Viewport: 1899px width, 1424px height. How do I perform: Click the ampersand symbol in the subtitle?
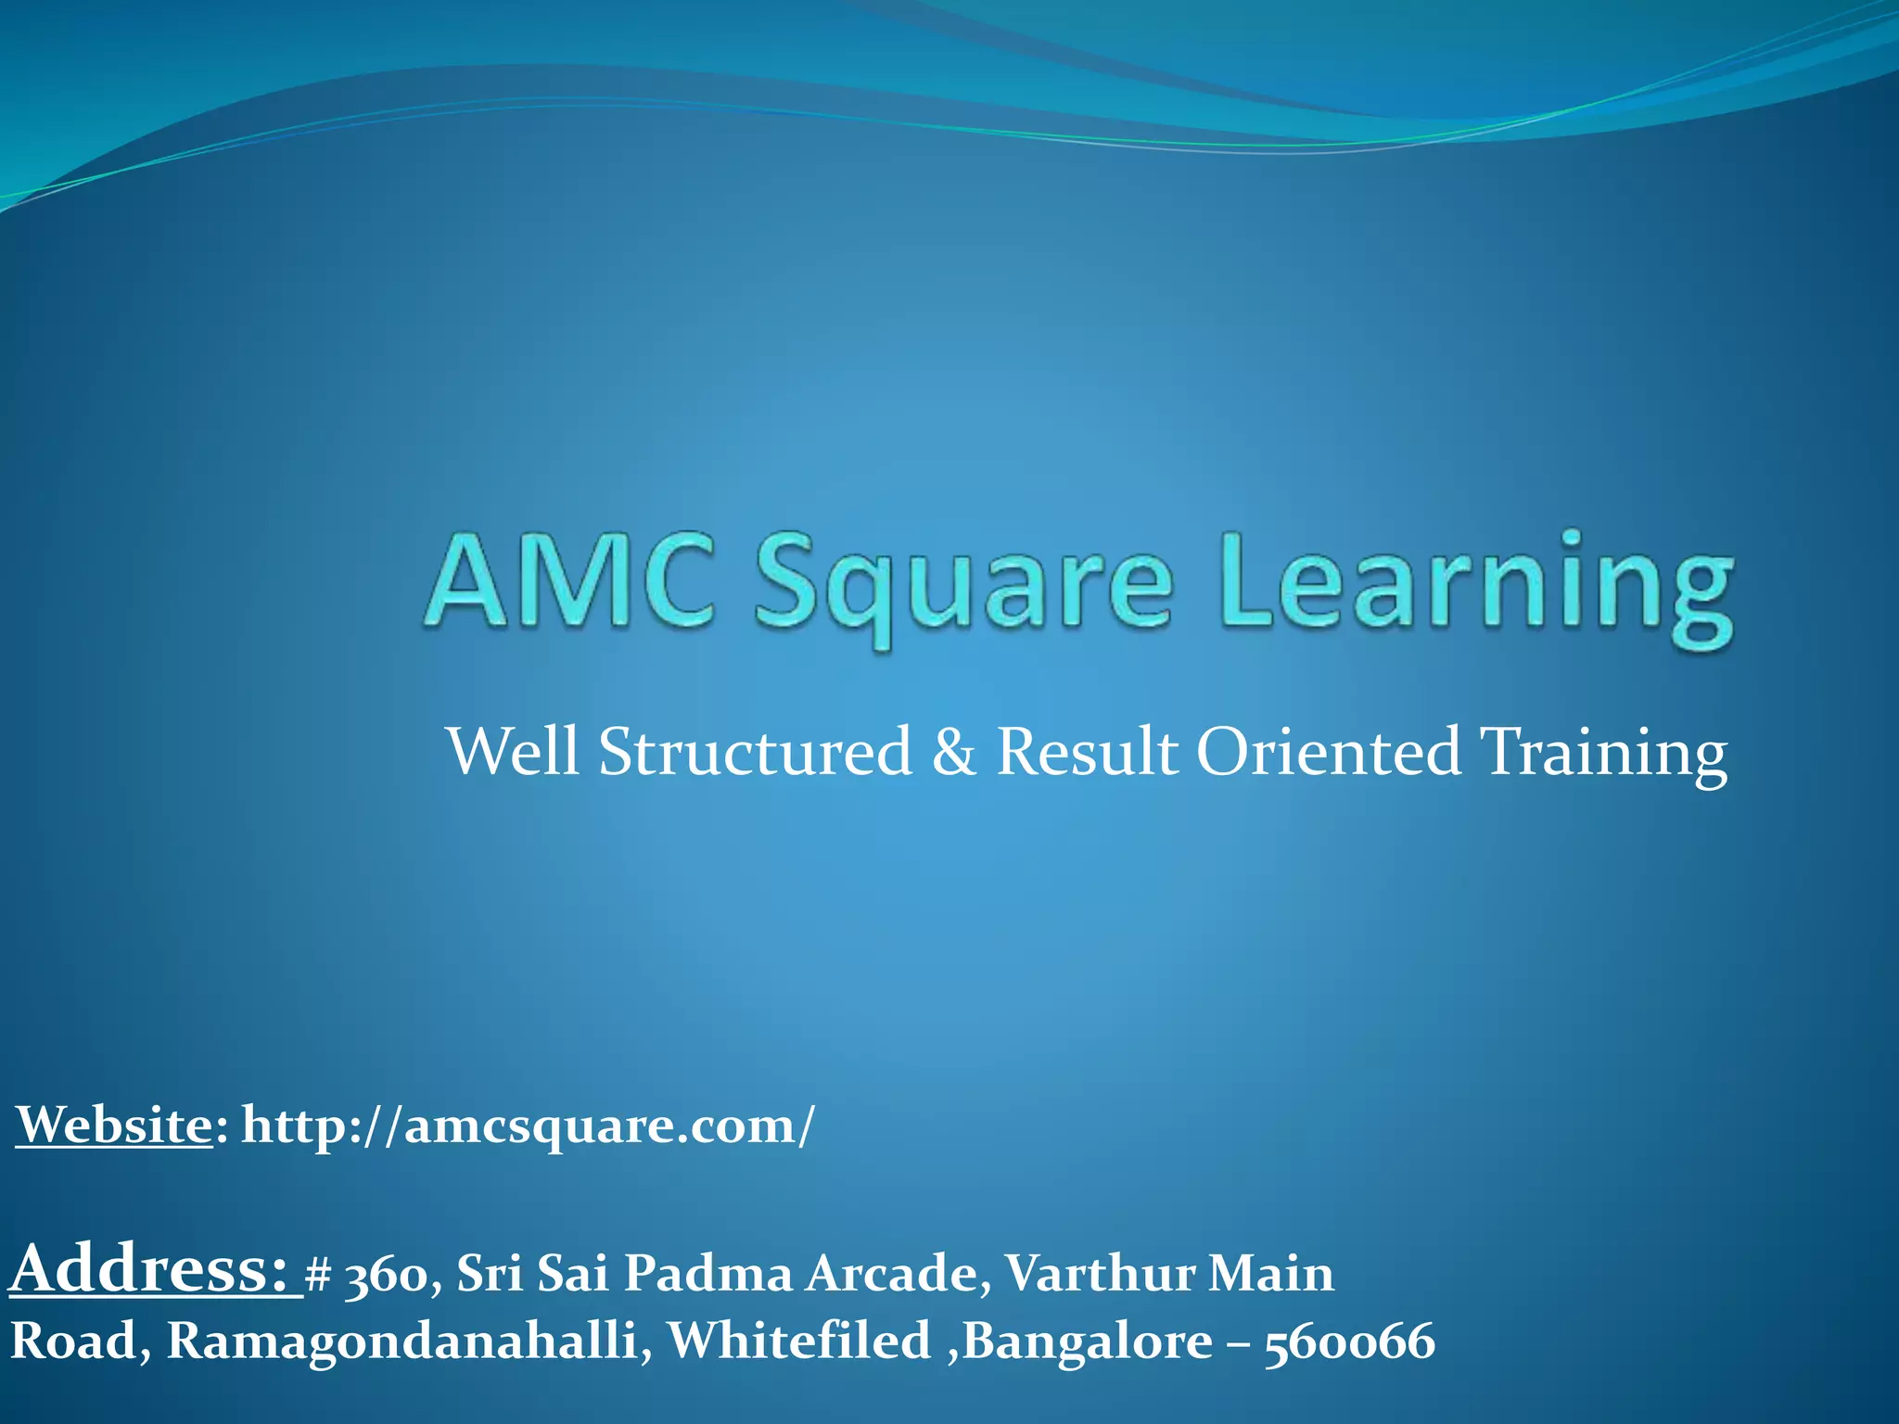pos(954,751)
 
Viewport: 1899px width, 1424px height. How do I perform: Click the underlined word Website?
pos(114,1125)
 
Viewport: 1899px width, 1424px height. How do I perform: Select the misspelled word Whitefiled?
pos(798,1341)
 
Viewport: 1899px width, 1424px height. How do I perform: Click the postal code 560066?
pos(1349,1342)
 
